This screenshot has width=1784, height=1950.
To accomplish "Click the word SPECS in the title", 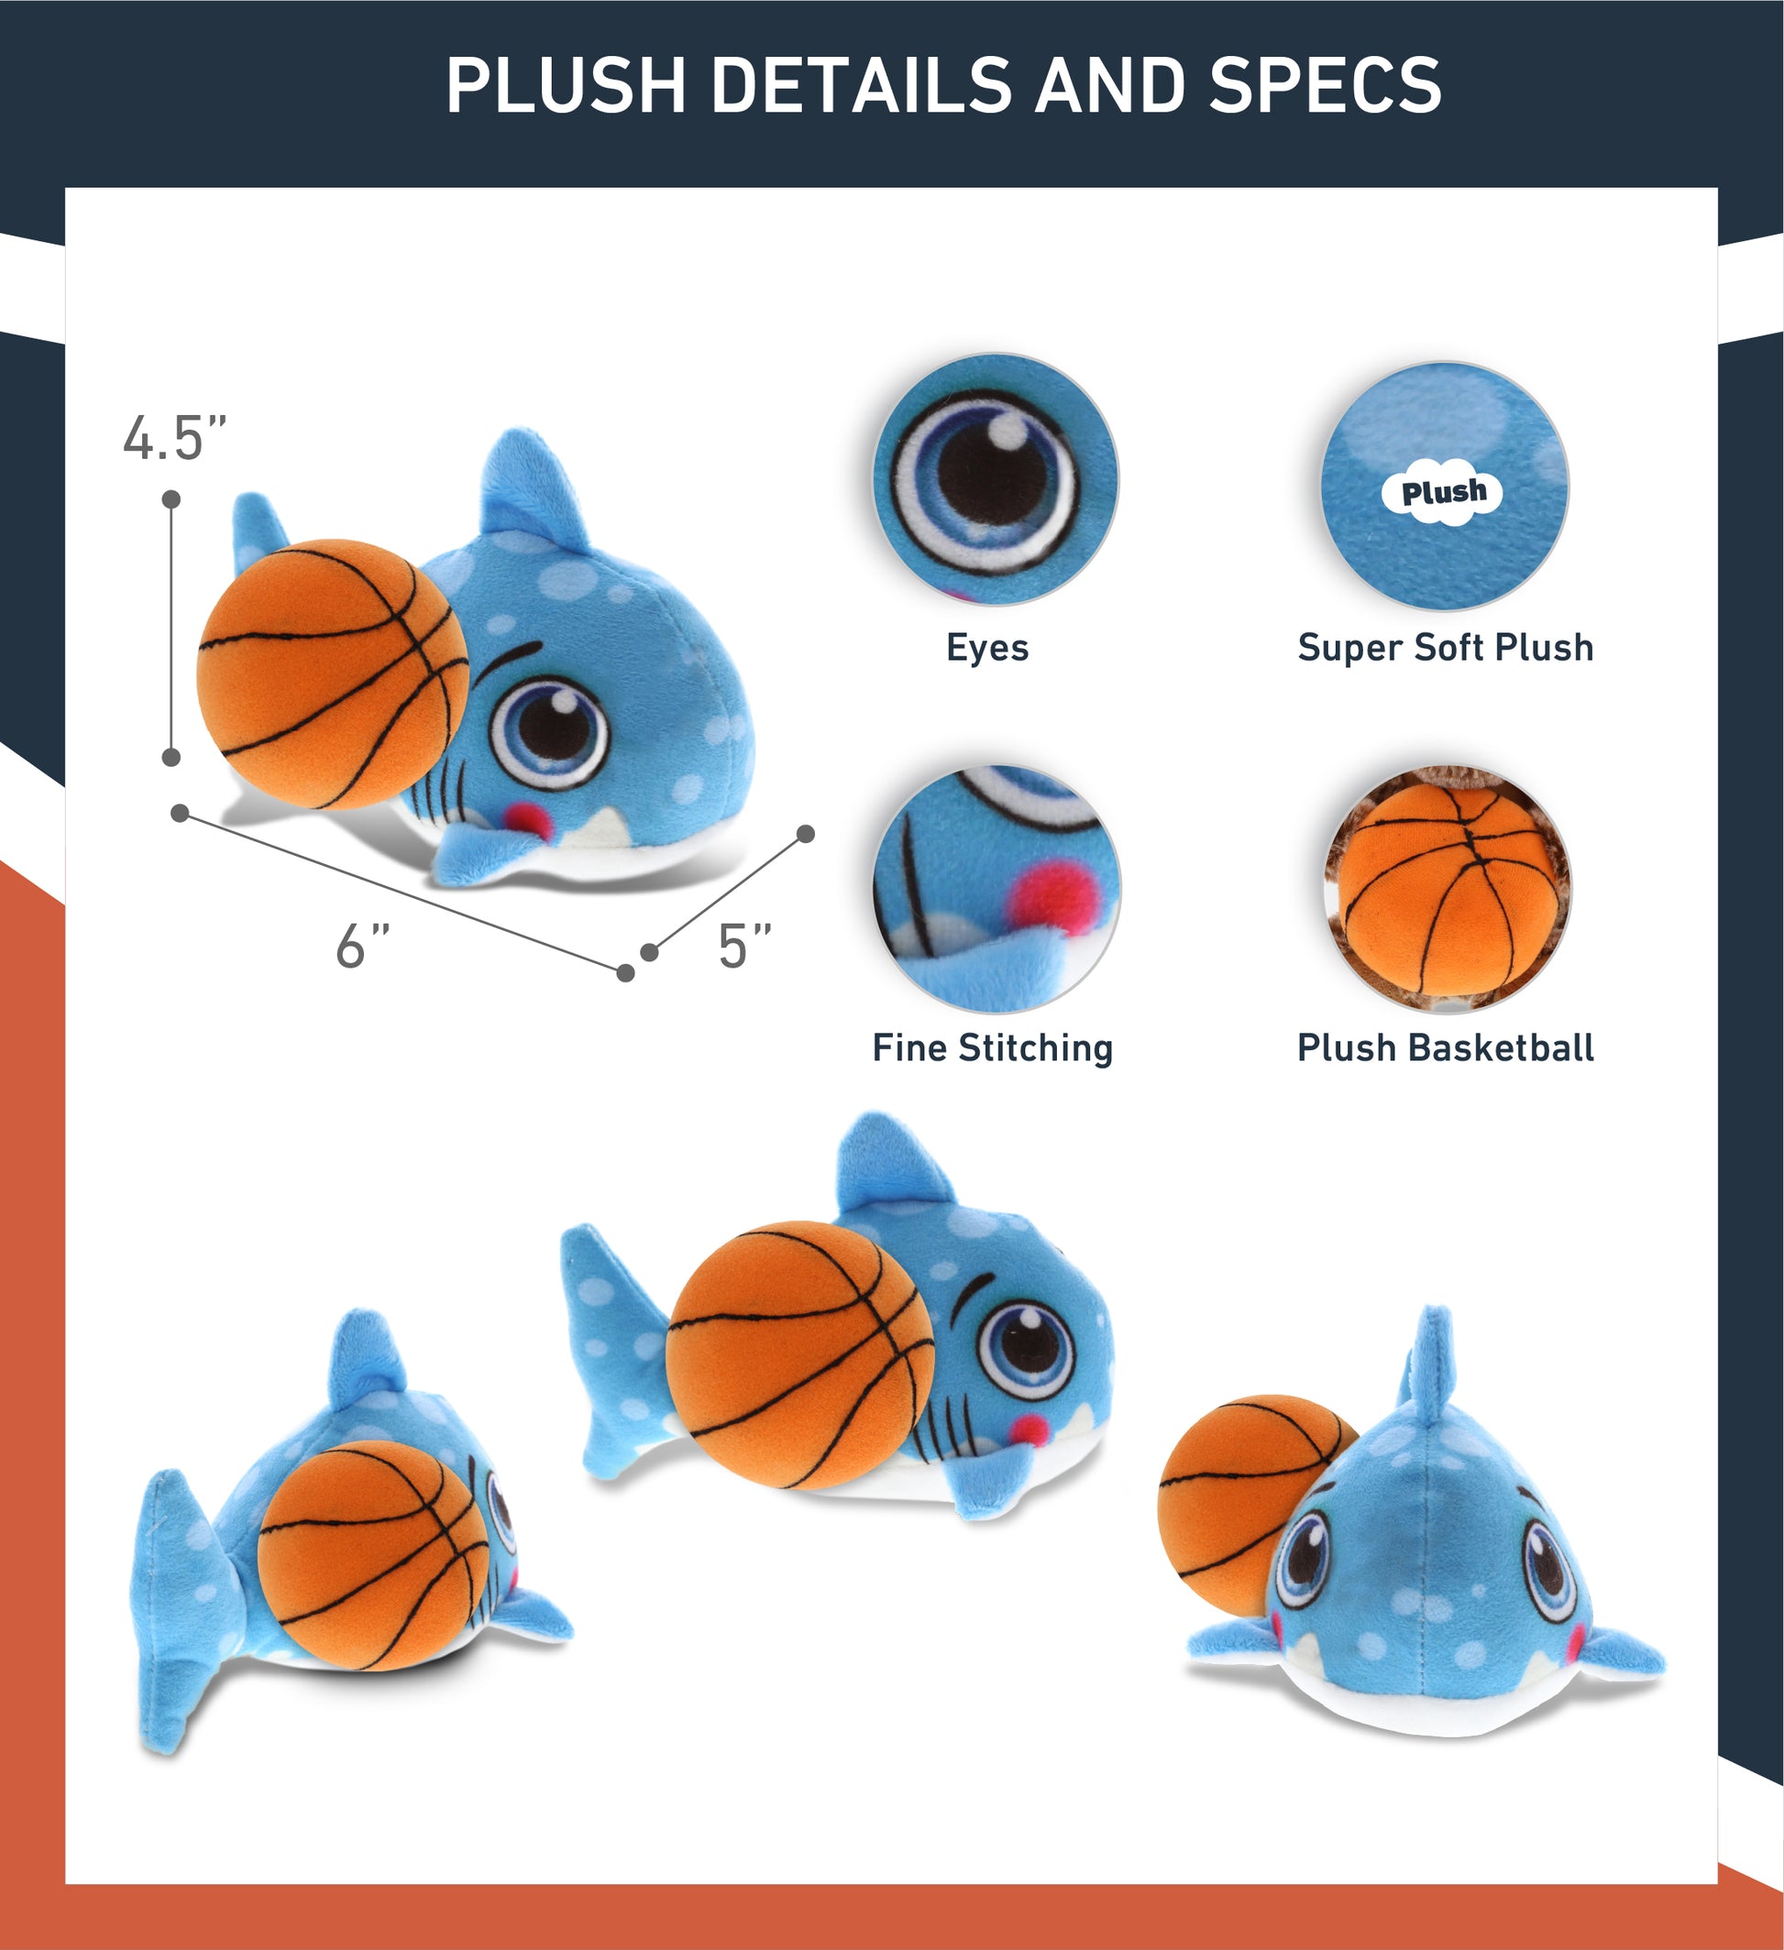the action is tap(1325, 84).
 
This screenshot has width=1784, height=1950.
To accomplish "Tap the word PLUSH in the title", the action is tap(566, 84).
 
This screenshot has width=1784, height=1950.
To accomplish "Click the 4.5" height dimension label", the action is tap(174, 437).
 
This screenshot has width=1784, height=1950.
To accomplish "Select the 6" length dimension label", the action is tap(363, 945).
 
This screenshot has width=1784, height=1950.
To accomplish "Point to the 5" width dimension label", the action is tap(744, 945).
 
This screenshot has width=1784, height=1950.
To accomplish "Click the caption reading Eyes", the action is tap(986, 647).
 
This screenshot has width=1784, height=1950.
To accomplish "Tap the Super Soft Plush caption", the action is tap(1446, 647).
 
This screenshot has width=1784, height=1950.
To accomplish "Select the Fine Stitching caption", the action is tap(993, 1047).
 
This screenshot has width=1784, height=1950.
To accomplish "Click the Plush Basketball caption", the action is tap(1446, 1047).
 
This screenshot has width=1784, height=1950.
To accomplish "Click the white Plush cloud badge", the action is tap(1445, 492).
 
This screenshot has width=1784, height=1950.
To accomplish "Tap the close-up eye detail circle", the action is tap(996, 481).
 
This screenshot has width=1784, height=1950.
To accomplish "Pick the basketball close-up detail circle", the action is tap(1448, 889).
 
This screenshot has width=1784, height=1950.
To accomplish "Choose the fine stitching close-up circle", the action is tap(997, 889).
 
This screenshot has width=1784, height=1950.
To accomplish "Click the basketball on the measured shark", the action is tap(333, 674).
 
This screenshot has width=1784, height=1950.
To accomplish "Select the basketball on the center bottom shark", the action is tap(800, 1355).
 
